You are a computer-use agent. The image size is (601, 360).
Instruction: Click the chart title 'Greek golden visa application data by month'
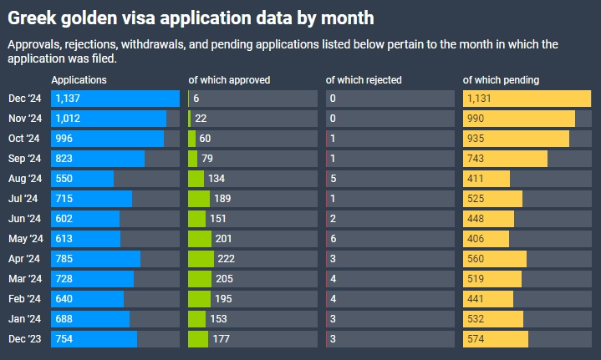tap(191, 17)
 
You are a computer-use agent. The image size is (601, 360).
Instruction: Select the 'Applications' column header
tap(79, 80)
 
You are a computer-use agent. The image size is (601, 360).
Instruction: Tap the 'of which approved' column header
tap(229, 80)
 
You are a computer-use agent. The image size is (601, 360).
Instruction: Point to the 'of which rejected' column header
tap(364, 80)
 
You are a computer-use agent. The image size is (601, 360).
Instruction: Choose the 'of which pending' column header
tap(501, 80)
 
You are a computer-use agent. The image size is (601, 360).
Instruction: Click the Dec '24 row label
tap(24, 99)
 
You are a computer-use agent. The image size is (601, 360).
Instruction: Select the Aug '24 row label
tap(24, 179)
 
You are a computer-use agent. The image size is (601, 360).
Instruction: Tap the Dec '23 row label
tap(24, 339)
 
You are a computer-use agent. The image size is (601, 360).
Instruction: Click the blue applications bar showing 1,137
tap(115, 99)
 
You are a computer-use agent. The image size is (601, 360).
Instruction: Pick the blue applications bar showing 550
tap(82, 179)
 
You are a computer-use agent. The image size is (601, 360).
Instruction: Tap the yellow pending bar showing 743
tap(505, 159)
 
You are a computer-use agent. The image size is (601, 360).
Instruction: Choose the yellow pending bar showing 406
tap(486, 239)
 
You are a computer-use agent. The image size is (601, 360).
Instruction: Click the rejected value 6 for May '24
tap(333, 239)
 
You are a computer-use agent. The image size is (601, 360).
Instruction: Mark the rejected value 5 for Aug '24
tap(333, 179)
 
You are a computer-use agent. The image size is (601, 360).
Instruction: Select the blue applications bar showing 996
tap(107, 139)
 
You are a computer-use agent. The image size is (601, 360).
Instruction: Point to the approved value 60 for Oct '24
tap(205, 139)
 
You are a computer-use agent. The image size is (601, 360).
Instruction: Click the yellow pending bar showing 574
tap(495, 339)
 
